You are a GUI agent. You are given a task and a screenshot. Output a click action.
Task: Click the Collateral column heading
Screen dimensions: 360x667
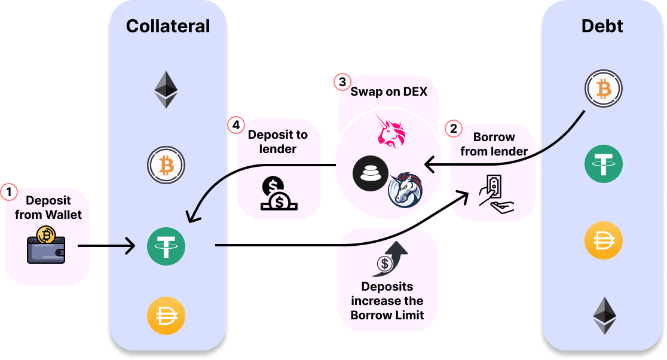click(x=168, y=26)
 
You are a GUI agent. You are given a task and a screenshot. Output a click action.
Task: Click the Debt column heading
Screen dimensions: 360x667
click(x=602, y=26)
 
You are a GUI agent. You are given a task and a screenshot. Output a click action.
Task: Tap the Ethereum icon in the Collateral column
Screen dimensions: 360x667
click(x=166, y=90)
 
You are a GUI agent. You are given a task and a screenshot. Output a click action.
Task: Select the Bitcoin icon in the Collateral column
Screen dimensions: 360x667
click(x=166, y=164)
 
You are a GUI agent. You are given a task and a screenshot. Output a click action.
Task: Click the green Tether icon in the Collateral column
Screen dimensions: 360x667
click(x=166, y=245)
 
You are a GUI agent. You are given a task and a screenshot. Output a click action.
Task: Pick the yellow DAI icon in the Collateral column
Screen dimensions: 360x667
click(x=166, y=315)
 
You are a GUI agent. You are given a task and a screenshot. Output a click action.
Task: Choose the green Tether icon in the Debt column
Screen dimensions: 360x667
click(x=603, y=163)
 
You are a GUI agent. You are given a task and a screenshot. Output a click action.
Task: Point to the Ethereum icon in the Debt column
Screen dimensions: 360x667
click(x=604, y=315)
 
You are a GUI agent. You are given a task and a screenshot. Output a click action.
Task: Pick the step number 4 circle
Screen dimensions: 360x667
click(x=237, y=126)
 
